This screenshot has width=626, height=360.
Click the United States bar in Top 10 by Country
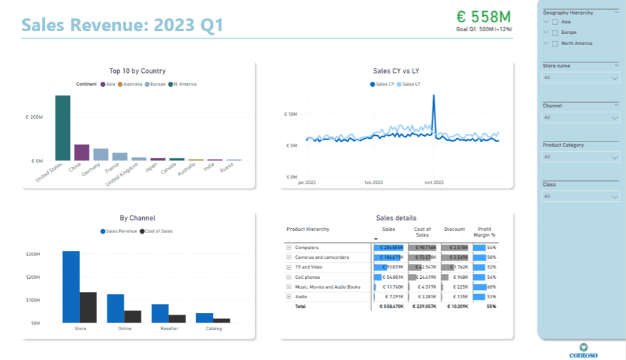(62, 128)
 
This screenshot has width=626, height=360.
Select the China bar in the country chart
(82, 153)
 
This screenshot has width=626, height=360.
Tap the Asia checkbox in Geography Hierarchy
(555, 22)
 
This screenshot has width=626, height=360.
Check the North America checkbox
(555, 44)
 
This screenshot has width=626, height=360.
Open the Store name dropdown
(580, 78)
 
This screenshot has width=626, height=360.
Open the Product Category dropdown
(580, 157)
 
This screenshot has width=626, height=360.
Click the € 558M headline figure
(483, 17)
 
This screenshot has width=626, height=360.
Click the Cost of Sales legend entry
(156, 231)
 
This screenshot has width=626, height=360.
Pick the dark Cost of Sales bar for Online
(133, 316)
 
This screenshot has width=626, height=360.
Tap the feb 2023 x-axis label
(373, 182)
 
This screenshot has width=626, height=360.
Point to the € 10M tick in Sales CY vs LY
(290, 114)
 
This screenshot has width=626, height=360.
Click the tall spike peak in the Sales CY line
(434, 97)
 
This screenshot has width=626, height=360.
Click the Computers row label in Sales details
(306, 248)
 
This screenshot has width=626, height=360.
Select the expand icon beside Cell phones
(289, 277)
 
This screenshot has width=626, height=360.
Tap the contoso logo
(583, 350)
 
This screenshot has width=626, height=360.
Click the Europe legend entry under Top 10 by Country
(156, 84)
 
